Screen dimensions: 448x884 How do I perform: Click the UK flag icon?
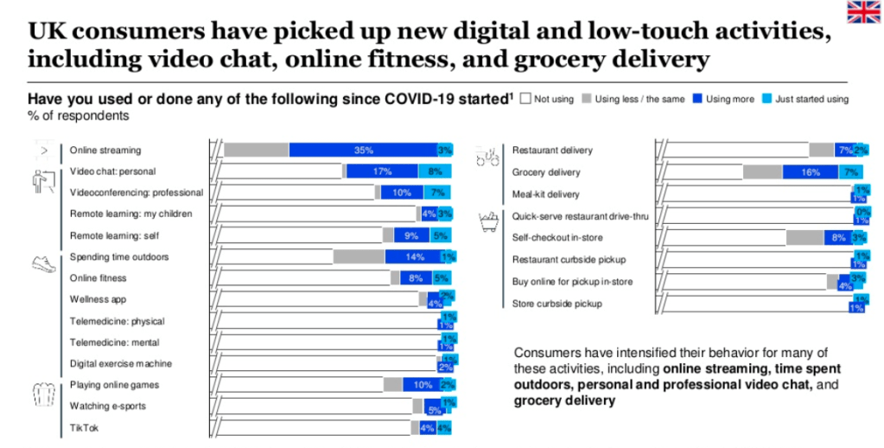[862, 12]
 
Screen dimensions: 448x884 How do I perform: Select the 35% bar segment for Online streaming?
[363, 150]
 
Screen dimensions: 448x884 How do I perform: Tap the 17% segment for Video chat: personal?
[382, 171]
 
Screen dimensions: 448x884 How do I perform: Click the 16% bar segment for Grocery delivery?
[811, 172]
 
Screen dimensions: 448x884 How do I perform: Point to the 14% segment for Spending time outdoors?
[413, 257]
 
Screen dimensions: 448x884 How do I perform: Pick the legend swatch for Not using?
[527, 99]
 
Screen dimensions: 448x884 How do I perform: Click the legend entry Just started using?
[805, 99]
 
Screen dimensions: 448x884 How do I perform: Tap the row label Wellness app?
[99, 299]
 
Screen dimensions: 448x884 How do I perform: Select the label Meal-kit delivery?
[546, 195]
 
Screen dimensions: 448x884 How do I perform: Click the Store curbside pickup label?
[557, 304]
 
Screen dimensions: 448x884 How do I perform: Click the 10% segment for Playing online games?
[422, 385]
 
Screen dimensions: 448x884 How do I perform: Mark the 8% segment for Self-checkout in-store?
[836, 238]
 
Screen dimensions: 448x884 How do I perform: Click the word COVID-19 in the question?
[404, 99]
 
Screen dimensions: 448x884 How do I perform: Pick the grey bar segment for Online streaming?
[256, 150]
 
